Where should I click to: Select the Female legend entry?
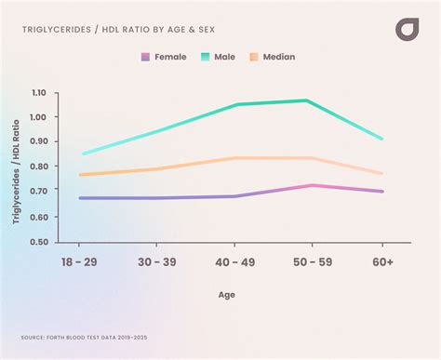[163, 57]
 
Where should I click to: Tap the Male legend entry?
[217, 57]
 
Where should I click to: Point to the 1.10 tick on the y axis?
[38, 93]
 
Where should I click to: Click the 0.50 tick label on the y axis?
[38, 241]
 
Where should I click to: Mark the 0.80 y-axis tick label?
[38, 167]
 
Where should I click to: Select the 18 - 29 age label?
[80, 263]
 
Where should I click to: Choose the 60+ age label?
[381, 263]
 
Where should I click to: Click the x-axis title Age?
[227, 294]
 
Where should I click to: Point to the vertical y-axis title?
[16, 167]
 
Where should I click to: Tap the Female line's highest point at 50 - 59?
[313, 185]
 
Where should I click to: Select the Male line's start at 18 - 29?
[83, 153]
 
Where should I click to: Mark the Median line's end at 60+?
[381, 173]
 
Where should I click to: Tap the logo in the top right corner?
[407, 29]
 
